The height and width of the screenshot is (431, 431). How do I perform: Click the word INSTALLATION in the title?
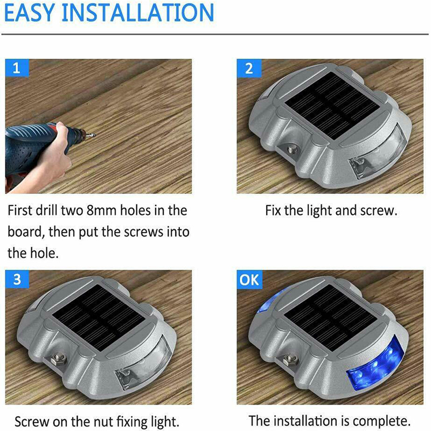[x=138, y=12]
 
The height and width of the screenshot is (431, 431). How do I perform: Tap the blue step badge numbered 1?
[x=17, y=68]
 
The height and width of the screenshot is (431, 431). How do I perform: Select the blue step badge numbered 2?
[x=249, y=68]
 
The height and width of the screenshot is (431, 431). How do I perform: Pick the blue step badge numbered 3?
[x=17, y=279]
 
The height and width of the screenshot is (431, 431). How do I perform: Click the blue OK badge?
[x=249, y=280]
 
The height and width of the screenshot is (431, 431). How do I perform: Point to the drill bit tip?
[x=94, y=135]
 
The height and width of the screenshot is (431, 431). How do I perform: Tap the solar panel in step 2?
[x=333, y=105]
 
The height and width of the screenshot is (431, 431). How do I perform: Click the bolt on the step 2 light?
[x=291, y=150]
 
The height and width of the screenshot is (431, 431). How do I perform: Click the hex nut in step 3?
[x=58, y=359]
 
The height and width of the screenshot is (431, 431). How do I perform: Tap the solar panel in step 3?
[x=99, y=317]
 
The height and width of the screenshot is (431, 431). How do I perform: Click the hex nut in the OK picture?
[x=290, y=359]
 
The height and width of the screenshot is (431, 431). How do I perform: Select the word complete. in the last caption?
[x=381, y=421]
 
